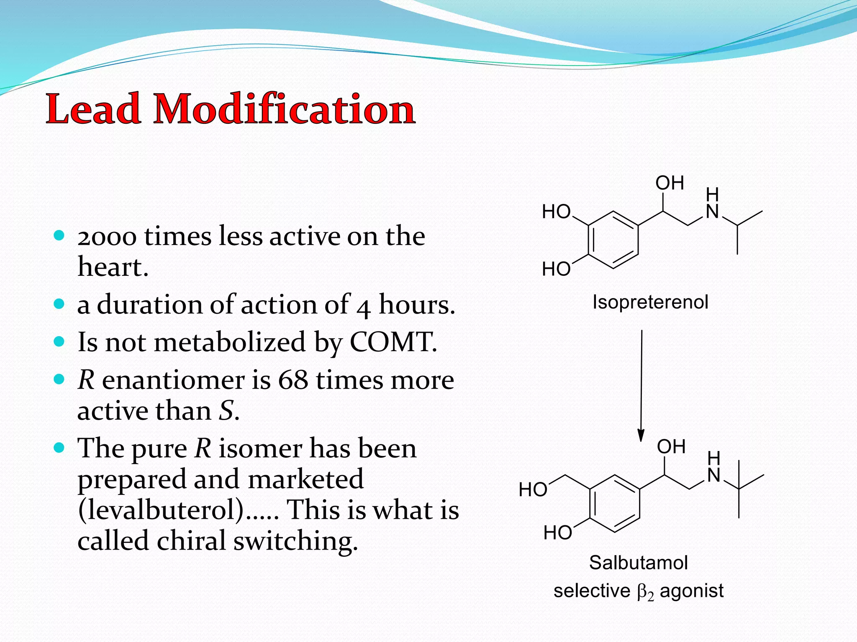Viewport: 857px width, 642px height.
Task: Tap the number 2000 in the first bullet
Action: click(x=107, y=237)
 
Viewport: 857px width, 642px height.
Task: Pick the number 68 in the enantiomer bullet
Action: click(x=293, y=380)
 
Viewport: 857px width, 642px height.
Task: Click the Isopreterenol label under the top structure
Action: click(x=650, y=302)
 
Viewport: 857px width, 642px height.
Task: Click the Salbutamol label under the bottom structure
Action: click(x=639, y=563)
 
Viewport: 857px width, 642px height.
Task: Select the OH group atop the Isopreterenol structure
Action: click(x=670, y=183)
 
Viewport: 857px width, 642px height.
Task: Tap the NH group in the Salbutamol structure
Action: click(x=714, y=468)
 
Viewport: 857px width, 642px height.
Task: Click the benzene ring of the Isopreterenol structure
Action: click(x=613, y=240)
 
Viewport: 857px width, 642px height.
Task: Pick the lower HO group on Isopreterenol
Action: click(x=556, y=269)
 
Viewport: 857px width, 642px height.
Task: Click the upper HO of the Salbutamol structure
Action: click(x=533, y=490)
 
